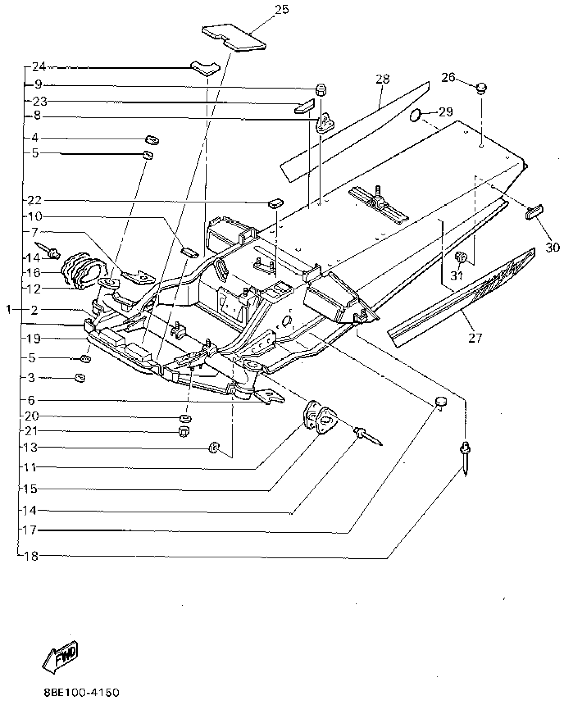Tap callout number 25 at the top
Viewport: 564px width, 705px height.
pos(282,10)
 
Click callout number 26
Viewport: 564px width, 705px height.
pos(448,78)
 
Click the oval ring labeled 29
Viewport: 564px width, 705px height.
pos(415,116)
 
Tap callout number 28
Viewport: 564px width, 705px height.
pos(383,79)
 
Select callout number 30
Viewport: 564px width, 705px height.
pos(552,247)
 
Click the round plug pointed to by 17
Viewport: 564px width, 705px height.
pos(441,402)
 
